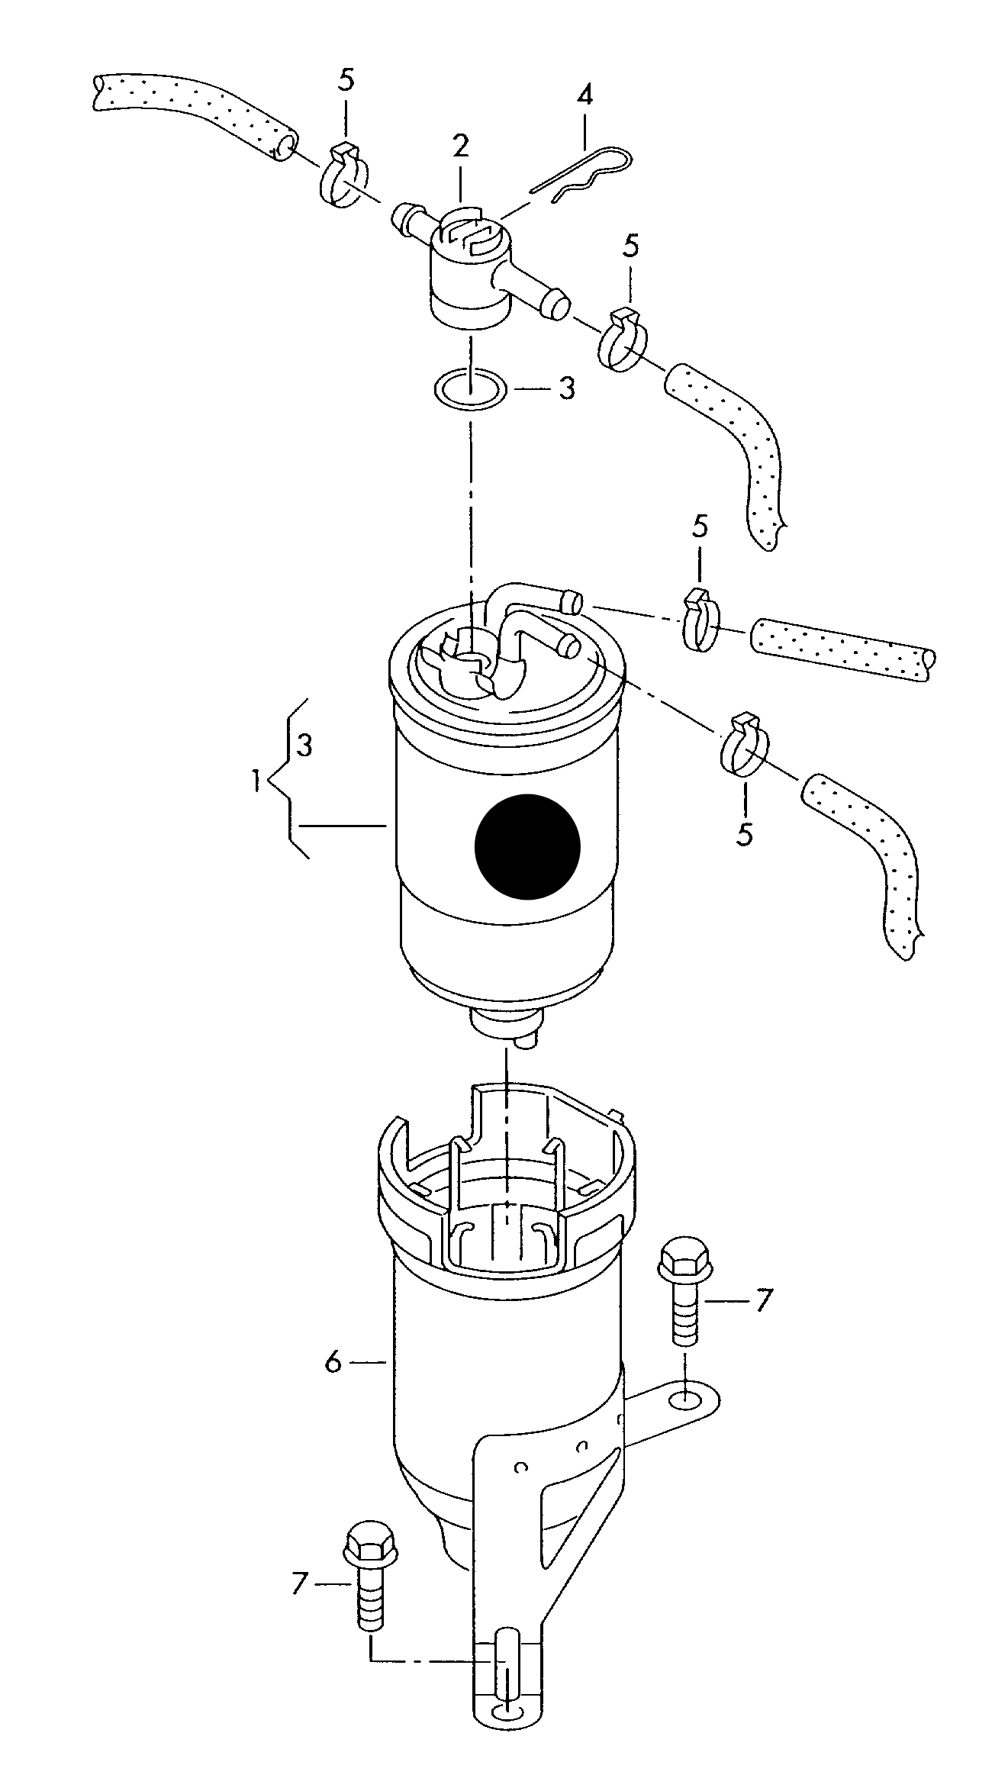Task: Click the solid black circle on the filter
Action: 527,846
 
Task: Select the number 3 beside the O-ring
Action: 566,389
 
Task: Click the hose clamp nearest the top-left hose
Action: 343,175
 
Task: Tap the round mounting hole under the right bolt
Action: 685,1400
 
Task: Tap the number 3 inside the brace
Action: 304,745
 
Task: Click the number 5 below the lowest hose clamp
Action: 745,833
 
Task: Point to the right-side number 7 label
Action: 764,1300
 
